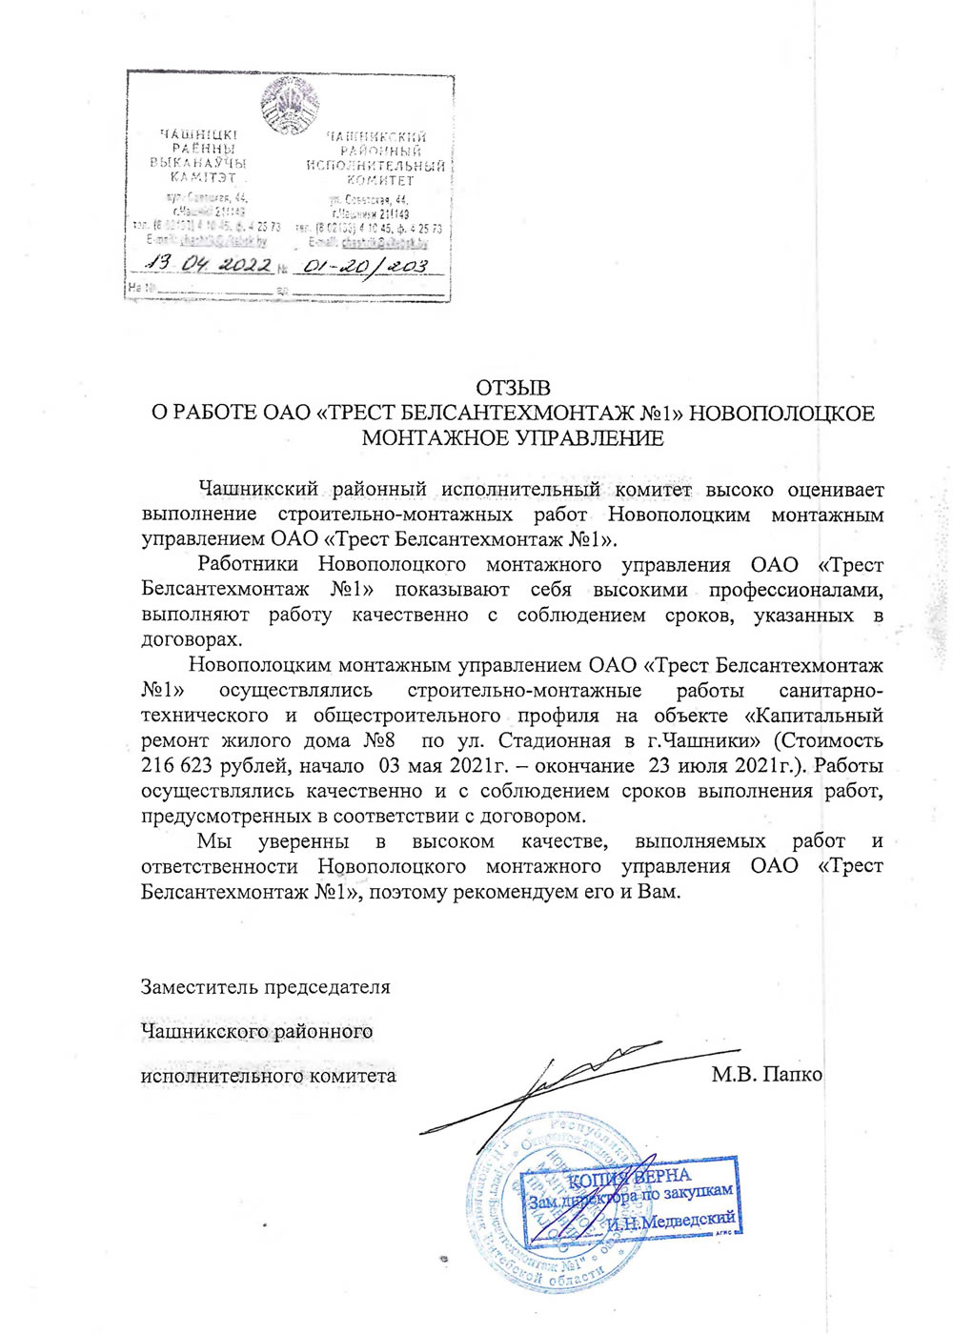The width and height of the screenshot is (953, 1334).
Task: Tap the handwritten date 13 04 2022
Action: pyautogui.click(x=209, y=265)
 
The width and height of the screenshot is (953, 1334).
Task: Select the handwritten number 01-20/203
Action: pyautogui.click(x=362, y=266)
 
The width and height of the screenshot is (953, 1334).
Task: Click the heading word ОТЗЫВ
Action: pyautogui.click(x=513, y=389)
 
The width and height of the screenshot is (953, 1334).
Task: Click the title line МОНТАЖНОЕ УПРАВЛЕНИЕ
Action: pyautogui.click(x=513, y=438)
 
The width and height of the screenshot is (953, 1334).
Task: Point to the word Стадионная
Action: pyautogui.click(x=552, y=740)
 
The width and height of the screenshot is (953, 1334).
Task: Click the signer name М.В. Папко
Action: pyautogui.click(x=766, y=1075)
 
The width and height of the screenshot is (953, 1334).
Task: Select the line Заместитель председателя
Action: pyautogui.click(x=265, y=986)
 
